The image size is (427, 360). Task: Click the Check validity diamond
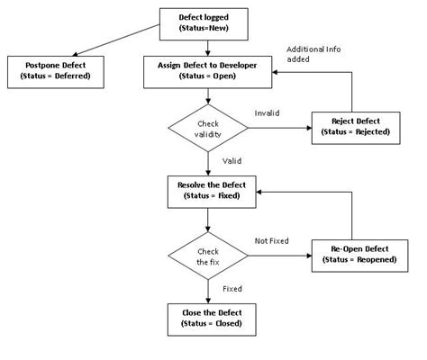208,129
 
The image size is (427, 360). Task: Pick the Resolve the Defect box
208,190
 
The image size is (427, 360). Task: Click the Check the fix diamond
208,256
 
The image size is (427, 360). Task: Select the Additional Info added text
313,53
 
